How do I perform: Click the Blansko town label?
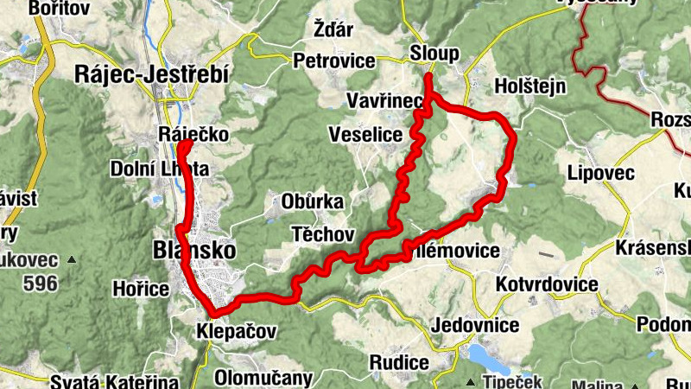click(193, 250)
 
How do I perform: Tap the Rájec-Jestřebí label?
click(151, 76)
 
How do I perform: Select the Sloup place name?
click(434, 54)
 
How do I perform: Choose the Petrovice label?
click(334, 61)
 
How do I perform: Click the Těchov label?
click(323, 234)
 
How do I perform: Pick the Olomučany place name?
click(263, 378)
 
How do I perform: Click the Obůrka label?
click(312, 202)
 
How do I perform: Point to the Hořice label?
click(141, 289)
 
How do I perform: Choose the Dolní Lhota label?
click(160, 169)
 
